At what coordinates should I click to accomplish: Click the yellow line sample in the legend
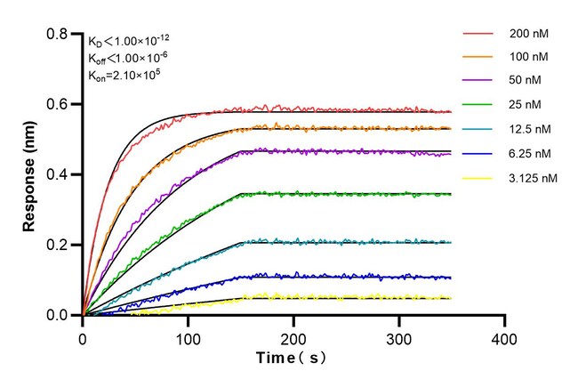(480, 178)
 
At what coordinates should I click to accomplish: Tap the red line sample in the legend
(480, 33)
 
